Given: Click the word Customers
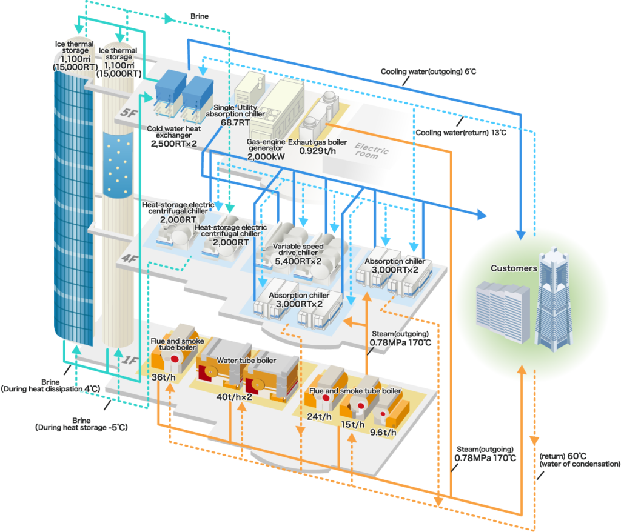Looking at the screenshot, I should tap(514, 268).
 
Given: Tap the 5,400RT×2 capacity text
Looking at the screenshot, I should tap(298, 261).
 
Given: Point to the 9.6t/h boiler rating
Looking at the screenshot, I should tap(384, 432).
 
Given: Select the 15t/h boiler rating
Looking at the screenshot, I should tap(351, 424).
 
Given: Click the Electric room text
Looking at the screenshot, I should tap(368, 150).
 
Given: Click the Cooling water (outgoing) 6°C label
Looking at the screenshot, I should tap(428, 71).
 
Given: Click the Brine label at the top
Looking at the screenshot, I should tap(200, 16).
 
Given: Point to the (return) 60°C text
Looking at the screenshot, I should tap(563, 455).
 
